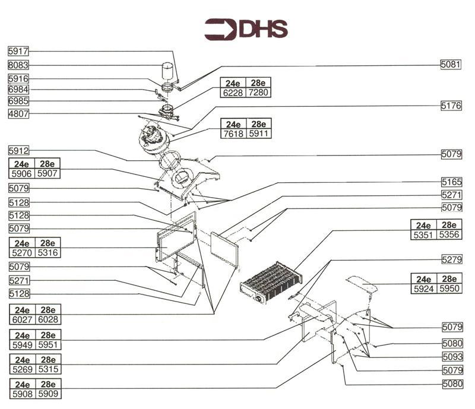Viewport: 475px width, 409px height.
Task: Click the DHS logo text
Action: coord(263,28)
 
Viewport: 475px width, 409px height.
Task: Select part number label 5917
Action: coord(18,51)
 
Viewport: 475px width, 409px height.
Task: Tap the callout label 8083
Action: coord(18,65)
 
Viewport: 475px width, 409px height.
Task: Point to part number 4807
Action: coord(18,113)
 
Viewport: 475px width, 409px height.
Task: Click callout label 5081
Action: coord(451,64)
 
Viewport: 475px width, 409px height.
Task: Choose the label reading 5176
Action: coord(451,106)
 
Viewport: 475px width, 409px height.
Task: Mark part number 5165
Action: coord(451,182)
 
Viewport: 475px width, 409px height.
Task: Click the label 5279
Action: coord(451,259)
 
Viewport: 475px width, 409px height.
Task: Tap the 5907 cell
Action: coord(47,174)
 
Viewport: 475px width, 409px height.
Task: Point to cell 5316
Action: coord(47,253)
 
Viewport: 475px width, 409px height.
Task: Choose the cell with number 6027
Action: coord(22,319)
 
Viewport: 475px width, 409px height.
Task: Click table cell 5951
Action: coord(47,345)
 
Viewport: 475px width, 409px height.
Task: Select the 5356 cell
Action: coord(449,235)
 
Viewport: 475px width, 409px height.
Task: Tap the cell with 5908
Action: coord(22,393)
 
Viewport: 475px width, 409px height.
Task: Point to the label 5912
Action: coord(18,151)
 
